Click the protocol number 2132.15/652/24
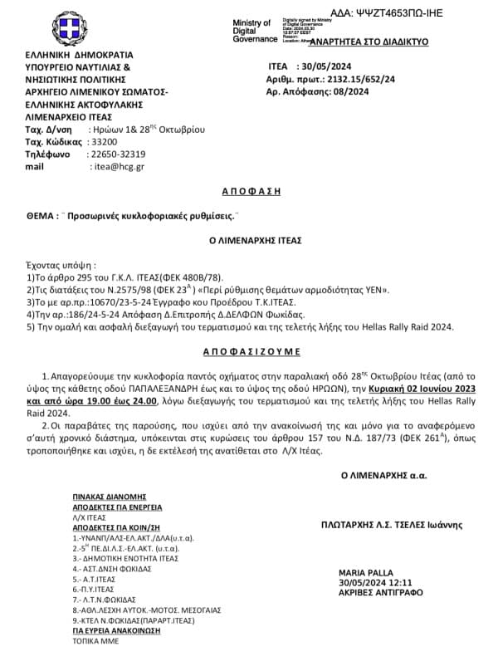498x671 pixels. tap(362, 81)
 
